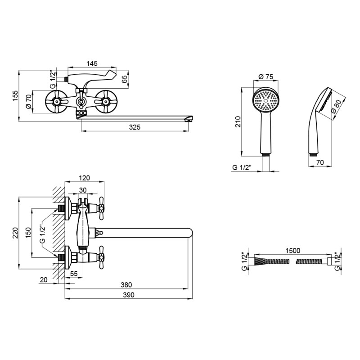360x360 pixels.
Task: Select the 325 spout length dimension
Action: point(135,127)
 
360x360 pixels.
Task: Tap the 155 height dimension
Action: point(15,96)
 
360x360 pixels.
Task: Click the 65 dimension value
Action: point(125,79)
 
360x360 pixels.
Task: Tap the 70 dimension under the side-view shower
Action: point(320,163)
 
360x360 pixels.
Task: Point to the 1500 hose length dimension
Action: point(292,250)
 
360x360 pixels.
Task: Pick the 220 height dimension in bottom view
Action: point(15,232)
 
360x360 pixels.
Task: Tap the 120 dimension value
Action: point(85,178)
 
